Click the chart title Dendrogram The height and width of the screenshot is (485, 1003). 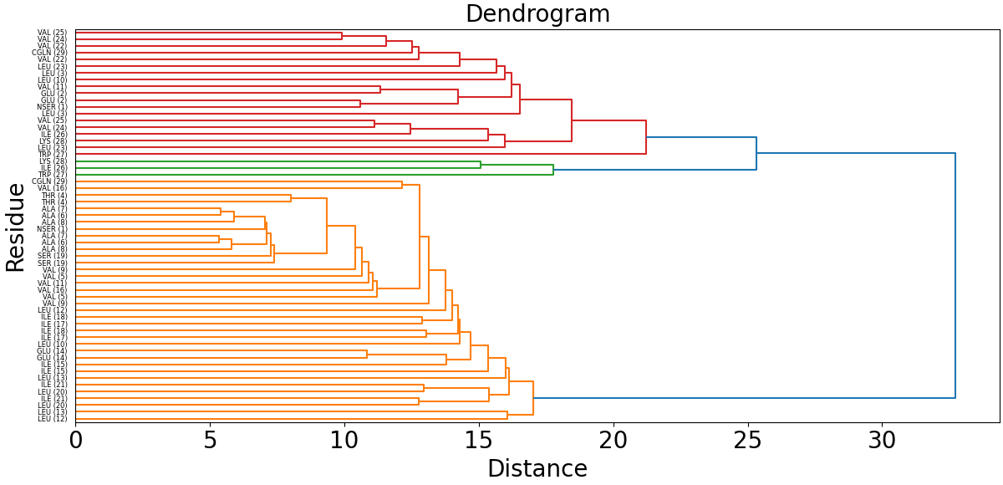click(x=537, y=14)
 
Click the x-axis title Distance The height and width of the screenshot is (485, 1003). click(x=537, y=468)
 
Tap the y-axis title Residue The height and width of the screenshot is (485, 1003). click(x=16, y=227)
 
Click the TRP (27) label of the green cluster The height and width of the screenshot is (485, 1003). click(x=53, y=175)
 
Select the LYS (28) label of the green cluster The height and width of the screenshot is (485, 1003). click(x=53, y=161)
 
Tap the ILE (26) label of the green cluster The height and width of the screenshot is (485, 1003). click(x=53, y=168)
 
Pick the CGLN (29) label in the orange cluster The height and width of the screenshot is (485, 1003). click(x=49, y=181)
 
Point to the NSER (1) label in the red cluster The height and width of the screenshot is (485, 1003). click(x=52, y=107)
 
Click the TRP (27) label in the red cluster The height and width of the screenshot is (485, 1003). click(x=53, y=155)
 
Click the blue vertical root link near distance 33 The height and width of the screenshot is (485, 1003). click(x=955, y=276)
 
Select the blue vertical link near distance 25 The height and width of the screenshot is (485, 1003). click(x=756, y=154)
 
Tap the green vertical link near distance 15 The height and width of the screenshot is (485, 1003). click(x=481, y=165)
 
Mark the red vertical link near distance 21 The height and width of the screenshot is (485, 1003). click(x=646, y=137)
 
